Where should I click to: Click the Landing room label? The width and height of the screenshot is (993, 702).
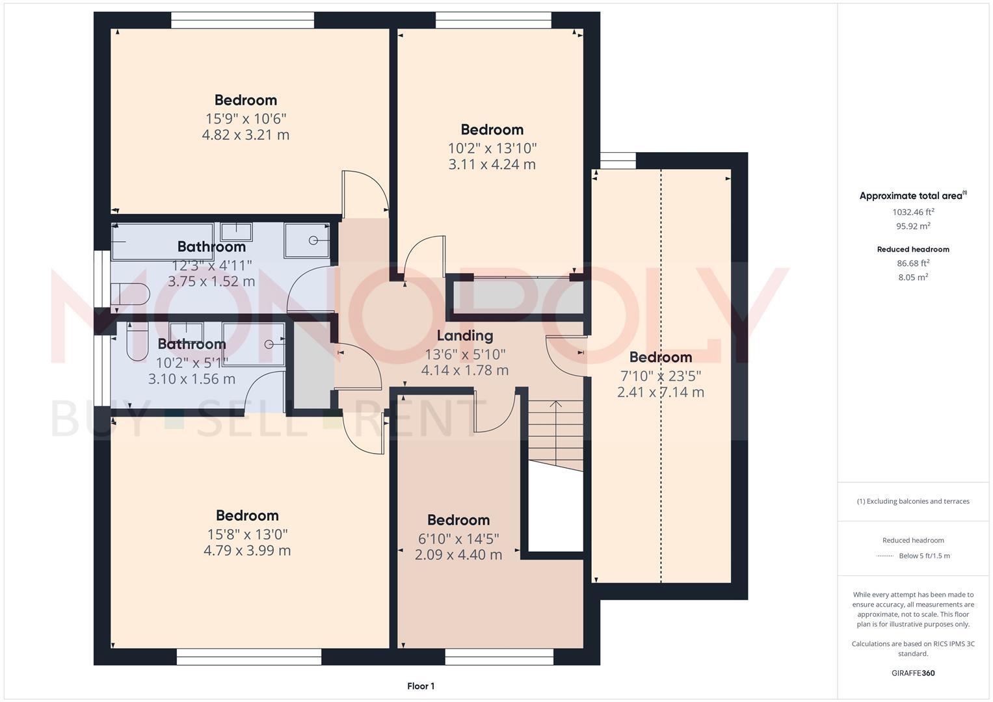464,335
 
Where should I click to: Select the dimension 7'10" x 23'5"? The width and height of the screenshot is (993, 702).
660,376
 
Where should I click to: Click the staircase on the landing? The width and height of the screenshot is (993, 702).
555,432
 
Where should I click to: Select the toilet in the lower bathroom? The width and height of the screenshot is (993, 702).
137,344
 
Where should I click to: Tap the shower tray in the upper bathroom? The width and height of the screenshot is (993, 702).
307,240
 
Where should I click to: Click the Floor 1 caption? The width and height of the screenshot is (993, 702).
421,686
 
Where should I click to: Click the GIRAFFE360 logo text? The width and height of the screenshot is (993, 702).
913,673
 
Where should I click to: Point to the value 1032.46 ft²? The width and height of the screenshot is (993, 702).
913,212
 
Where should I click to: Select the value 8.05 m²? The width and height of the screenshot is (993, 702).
913,277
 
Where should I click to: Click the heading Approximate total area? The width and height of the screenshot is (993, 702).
912,196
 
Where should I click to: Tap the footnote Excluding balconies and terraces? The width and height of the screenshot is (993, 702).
913,501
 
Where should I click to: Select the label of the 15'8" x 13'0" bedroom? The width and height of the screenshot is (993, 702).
247,515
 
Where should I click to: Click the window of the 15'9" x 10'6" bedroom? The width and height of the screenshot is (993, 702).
243,20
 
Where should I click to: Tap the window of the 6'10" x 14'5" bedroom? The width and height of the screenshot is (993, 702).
499,656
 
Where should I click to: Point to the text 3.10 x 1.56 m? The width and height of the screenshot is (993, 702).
192,379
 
